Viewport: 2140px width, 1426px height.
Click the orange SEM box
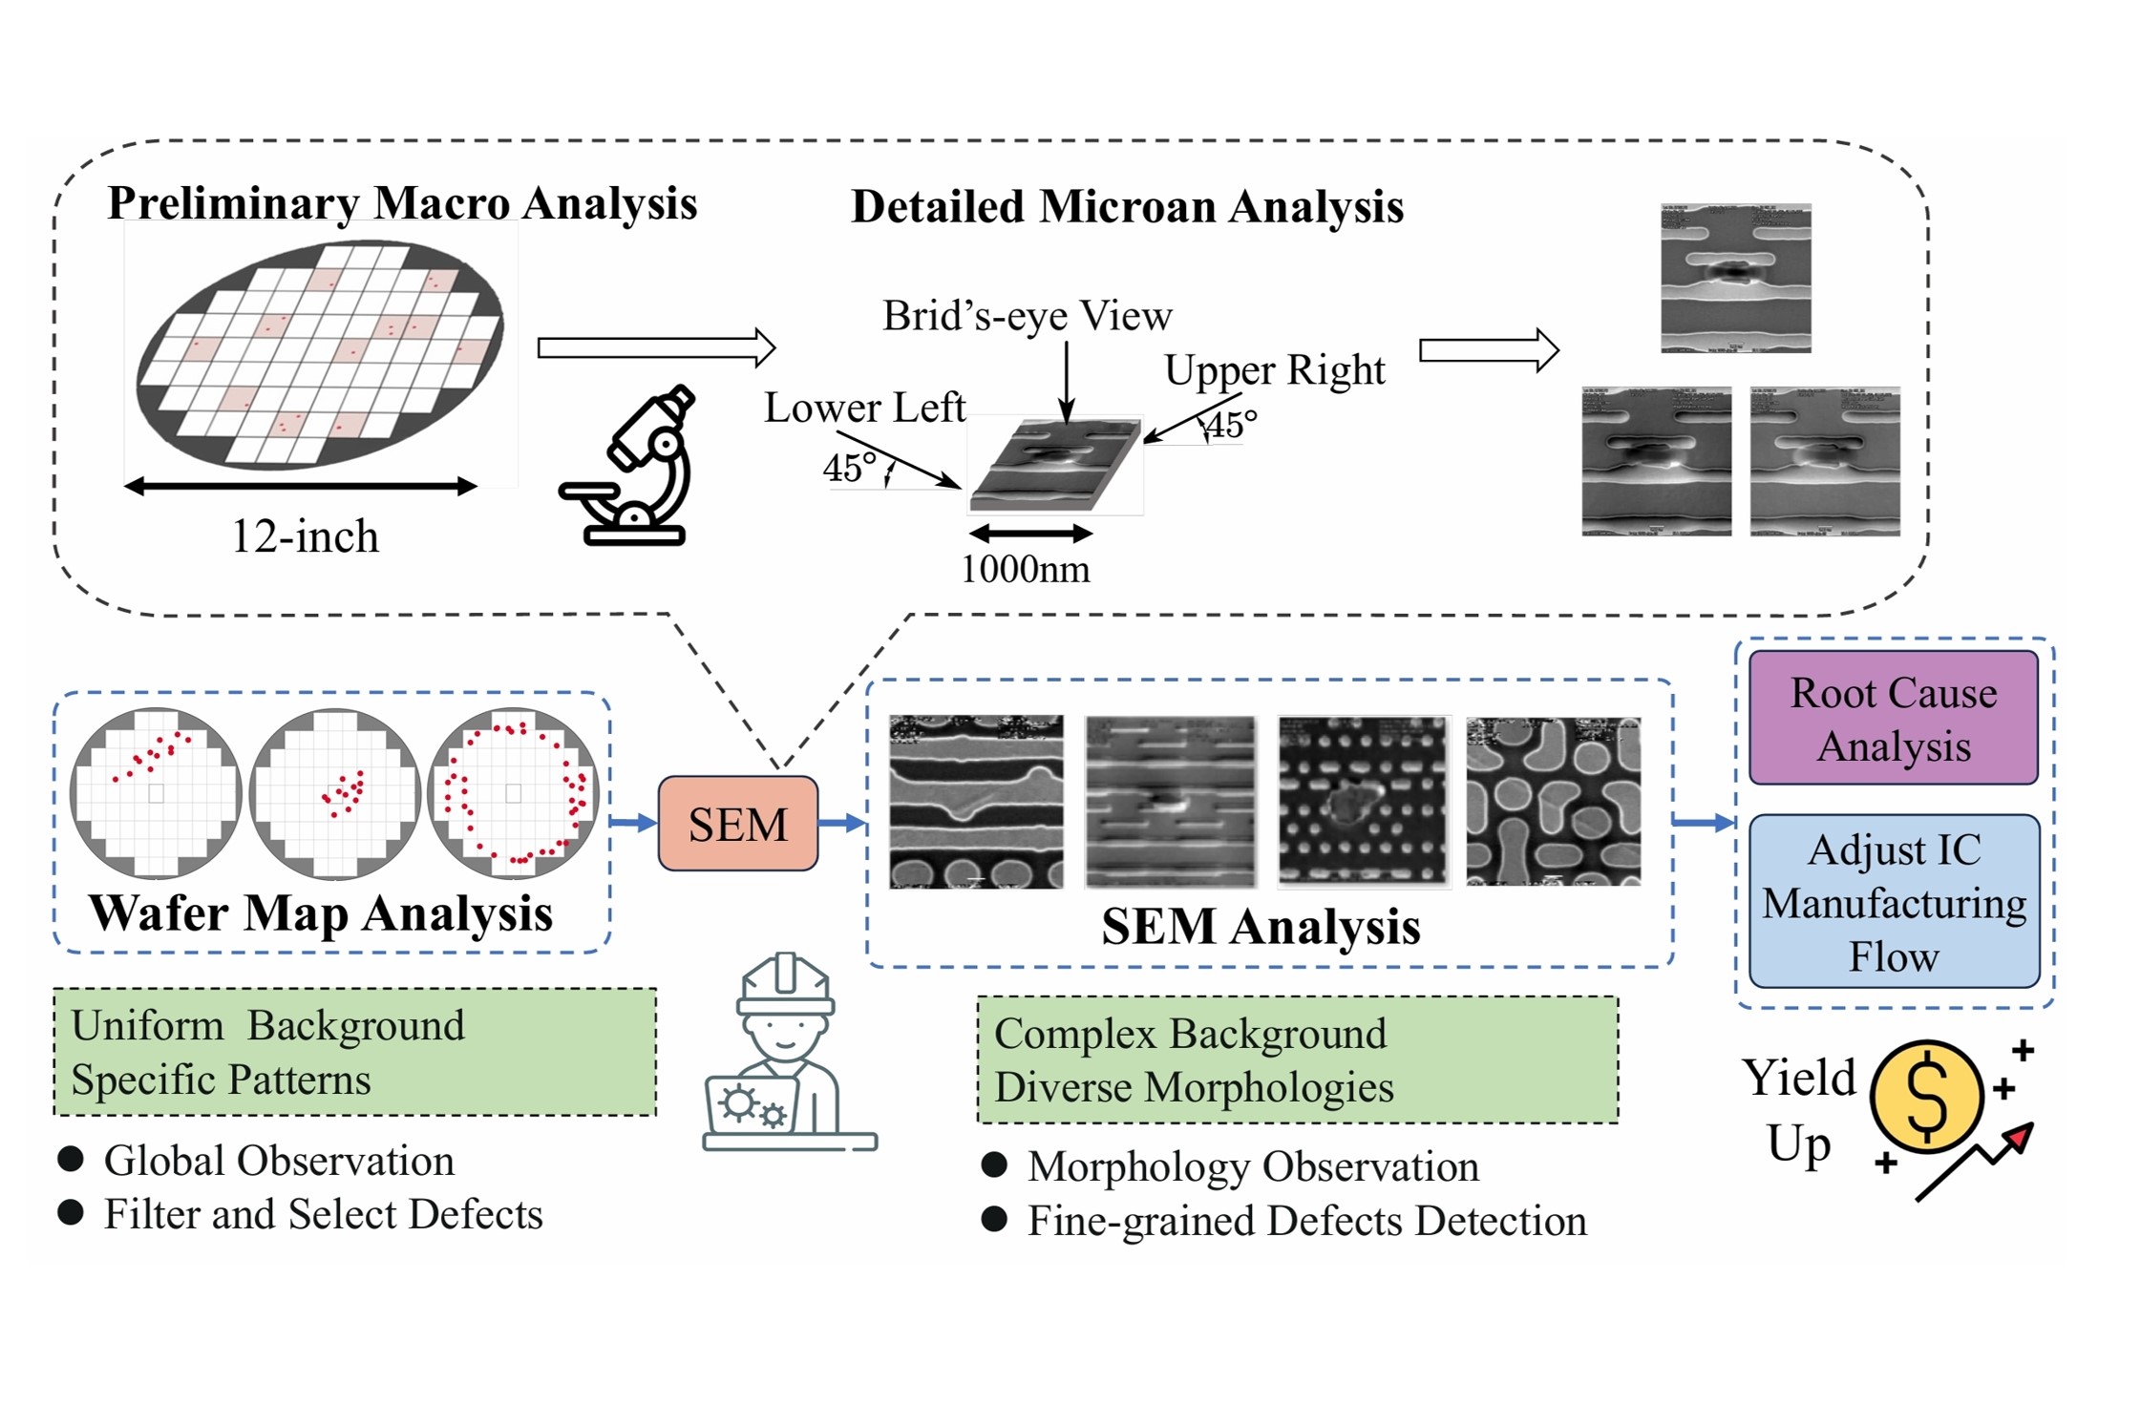coord(737,823)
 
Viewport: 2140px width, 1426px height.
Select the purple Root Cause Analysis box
coord(1893,718)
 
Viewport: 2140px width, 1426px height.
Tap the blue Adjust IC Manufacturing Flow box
coord(1894,901)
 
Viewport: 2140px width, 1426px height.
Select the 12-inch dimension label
coord(305,536)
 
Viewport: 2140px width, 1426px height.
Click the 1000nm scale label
coord(1025,570)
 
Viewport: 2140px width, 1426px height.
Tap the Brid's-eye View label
coord(1027,316)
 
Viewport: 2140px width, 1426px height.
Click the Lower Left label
coord(864,409)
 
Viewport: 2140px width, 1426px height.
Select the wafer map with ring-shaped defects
coord(514,792)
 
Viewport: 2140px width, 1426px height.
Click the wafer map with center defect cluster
coord(335,792)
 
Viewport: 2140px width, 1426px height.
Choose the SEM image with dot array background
coord(1363,801)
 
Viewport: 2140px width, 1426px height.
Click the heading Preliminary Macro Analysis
coord(402,203)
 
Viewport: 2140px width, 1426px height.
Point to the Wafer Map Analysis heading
coord(321,913)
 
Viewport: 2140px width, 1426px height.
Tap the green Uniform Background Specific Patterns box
coord(354,1052)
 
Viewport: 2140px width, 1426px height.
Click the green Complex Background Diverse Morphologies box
coord(1297,1060)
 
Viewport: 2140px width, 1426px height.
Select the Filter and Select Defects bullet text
coord(323,1215)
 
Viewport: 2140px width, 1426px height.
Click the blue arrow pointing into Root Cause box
coord(1704,822)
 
